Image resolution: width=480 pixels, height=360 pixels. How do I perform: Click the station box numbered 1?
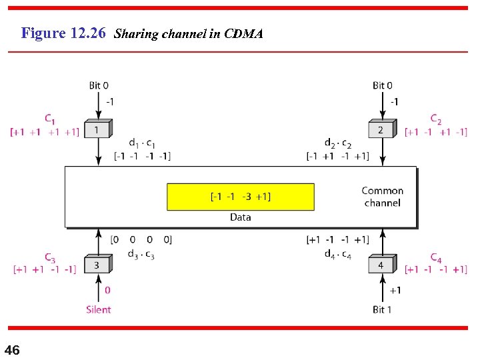click(97, 129)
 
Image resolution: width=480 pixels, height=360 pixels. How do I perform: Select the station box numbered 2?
click(381, 129)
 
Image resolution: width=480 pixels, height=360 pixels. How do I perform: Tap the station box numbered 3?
click(97, 265)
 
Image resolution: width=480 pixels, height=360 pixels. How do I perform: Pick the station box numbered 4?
click(381, 265)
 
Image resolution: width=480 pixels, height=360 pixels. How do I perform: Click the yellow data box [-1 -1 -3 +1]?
click(240, 197)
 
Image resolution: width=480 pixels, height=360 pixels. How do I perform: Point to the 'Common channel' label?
click(382, 197)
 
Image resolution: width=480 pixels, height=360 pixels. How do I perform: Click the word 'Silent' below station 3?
click(99, 309)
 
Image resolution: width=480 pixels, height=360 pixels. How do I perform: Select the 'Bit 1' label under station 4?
click(383, 309)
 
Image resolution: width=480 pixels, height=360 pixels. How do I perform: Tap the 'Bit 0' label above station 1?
click(99, 85)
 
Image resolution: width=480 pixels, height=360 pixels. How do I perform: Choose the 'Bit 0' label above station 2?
click(383, 85)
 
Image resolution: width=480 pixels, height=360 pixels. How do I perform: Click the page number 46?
click(12, 350)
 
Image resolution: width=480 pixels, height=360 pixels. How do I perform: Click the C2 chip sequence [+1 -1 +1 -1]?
click(436, 132)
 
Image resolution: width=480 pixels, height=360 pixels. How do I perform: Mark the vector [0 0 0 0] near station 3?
click(141, 239)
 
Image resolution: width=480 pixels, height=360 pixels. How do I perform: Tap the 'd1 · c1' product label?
click(142, 143)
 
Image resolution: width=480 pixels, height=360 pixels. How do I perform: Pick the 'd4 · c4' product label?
click(338, 254)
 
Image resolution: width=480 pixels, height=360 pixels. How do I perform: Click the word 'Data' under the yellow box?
click(240, 217)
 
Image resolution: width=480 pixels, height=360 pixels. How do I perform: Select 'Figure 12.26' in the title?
click(63, 33)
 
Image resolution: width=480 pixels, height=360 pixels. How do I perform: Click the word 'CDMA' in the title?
click(244, 33)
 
